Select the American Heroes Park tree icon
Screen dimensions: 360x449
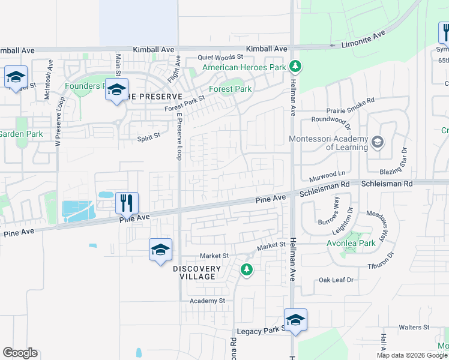295,66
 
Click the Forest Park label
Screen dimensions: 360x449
230,89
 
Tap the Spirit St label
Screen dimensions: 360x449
149,137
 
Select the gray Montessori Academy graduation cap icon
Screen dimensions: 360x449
377,142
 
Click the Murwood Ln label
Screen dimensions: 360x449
328,175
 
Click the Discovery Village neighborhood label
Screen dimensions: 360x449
194,272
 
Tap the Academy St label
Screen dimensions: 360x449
206,300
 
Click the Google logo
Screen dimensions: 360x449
20,353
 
